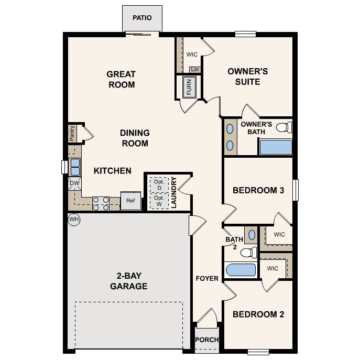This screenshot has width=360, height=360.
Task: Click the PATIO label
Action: (142, 18)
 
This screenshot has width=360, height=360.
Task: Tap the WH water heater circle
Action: (74, 220)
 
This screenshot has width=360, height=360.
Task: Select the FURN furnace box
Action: (189, 87)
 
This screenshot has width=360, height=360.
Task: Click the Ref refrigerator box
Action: (130, 201)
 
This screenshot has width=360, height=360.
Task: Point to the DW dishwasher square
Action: (74, 183)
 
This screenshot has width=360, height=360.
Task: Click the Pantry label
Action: (72, 133)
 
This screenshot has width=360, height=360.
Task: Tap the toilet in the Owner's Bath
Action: (283, 127)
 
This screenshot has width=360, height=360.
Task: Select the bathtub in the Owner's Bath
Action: (276, 147)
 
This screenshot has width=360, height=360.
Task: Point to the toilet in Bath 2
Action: (248, 253)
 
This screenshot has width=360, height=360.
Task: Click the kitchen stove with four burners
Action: (101, 203)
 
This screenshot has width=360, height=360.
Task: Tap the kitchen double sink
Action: (75, 167)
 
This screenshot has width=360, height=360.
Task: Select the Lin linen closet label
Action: (195, 70)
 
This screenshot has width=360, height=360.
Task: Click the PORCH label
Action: (207, 340)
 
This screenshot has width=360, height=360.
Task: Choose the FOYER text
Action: (207, 278)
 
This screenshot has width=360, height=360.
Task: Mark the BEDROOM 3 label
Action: (258, 190)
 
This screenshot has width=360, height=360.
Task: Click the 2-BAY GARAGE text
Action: (128, 281)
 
